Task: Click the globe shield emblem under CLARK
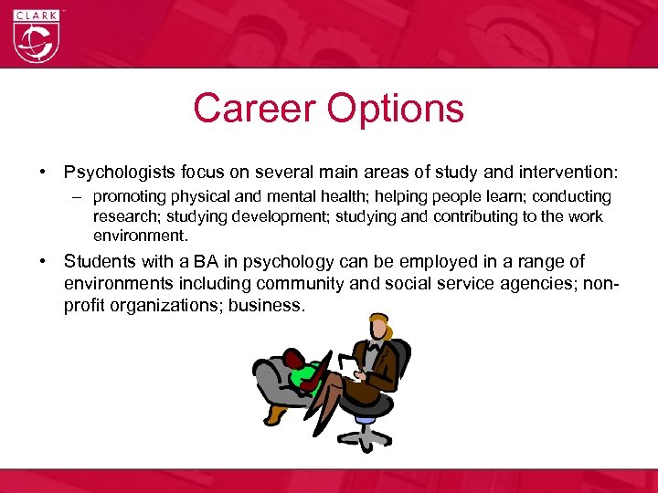pos(36,40)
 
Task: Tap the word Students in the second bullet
pos(96,261)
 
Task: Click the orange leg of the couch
pos(275,414)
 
